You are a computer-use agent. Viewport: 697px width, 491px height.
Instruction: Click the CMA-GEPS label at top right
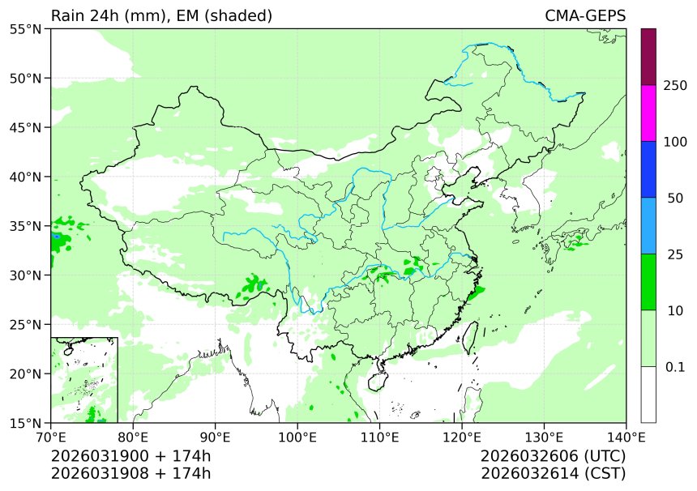tap(584, 16)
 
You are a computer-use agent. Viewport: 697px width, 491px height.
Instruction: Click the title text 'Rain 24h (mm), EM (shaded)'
tap(161, 16)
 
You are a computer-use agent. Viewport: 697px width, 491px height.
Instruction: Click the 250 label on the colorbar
tap(675, 86)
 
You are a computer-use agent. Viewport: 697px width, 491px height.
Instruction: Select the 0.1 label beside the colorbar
tap(675, 367)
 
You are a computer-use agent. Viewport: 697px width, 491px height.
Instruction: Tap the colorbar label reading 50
tap(675, 199)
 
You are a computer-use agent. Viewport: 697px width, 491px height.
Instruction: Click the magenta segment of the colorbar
tap(648, 113)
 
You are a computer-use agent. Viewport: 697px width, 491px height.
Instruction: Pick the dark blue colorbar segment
tap(648, 169)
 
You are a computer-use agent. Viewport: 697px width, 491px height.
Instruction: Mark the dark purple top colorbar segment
tap(648, 57)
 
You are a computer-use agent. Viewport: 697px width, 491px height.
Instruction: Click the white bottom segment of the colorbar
tap(648, 395)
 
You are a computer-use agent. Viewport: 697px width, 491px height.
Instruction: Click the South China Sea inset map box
tap(84, 379)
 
